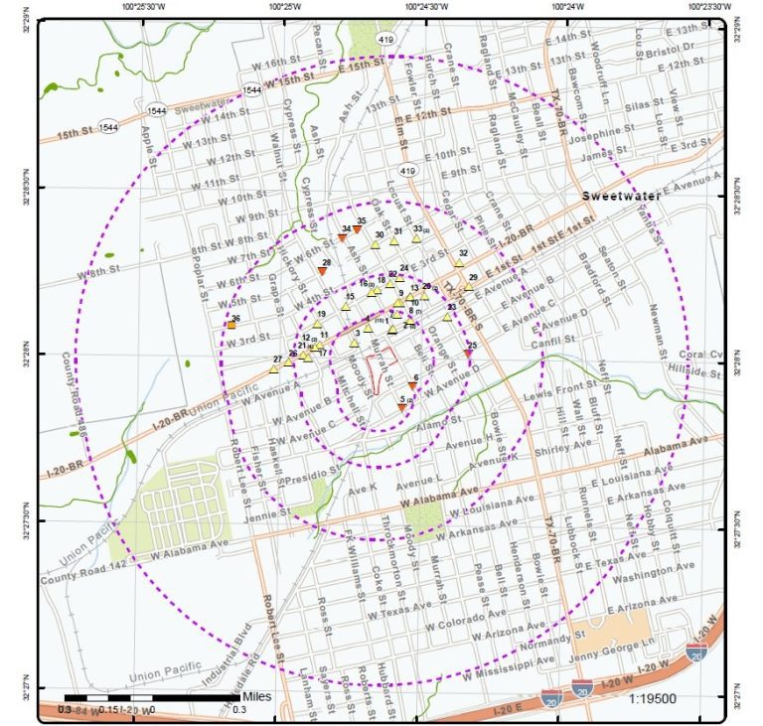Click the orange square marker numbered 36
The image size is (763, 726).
click(x=230, y=325)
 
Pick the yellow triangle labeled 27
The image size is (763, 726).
click(x=273, y=367)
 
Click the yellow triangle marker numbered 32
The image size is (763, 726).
click(x=459, y=262)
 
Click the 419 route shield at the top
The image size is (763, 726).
click(x=385, y=39)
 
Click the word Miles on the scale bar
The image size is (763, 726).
click(x=256, y=696)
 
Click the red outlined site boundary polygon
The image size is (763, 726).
click(x=381, y=368)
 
